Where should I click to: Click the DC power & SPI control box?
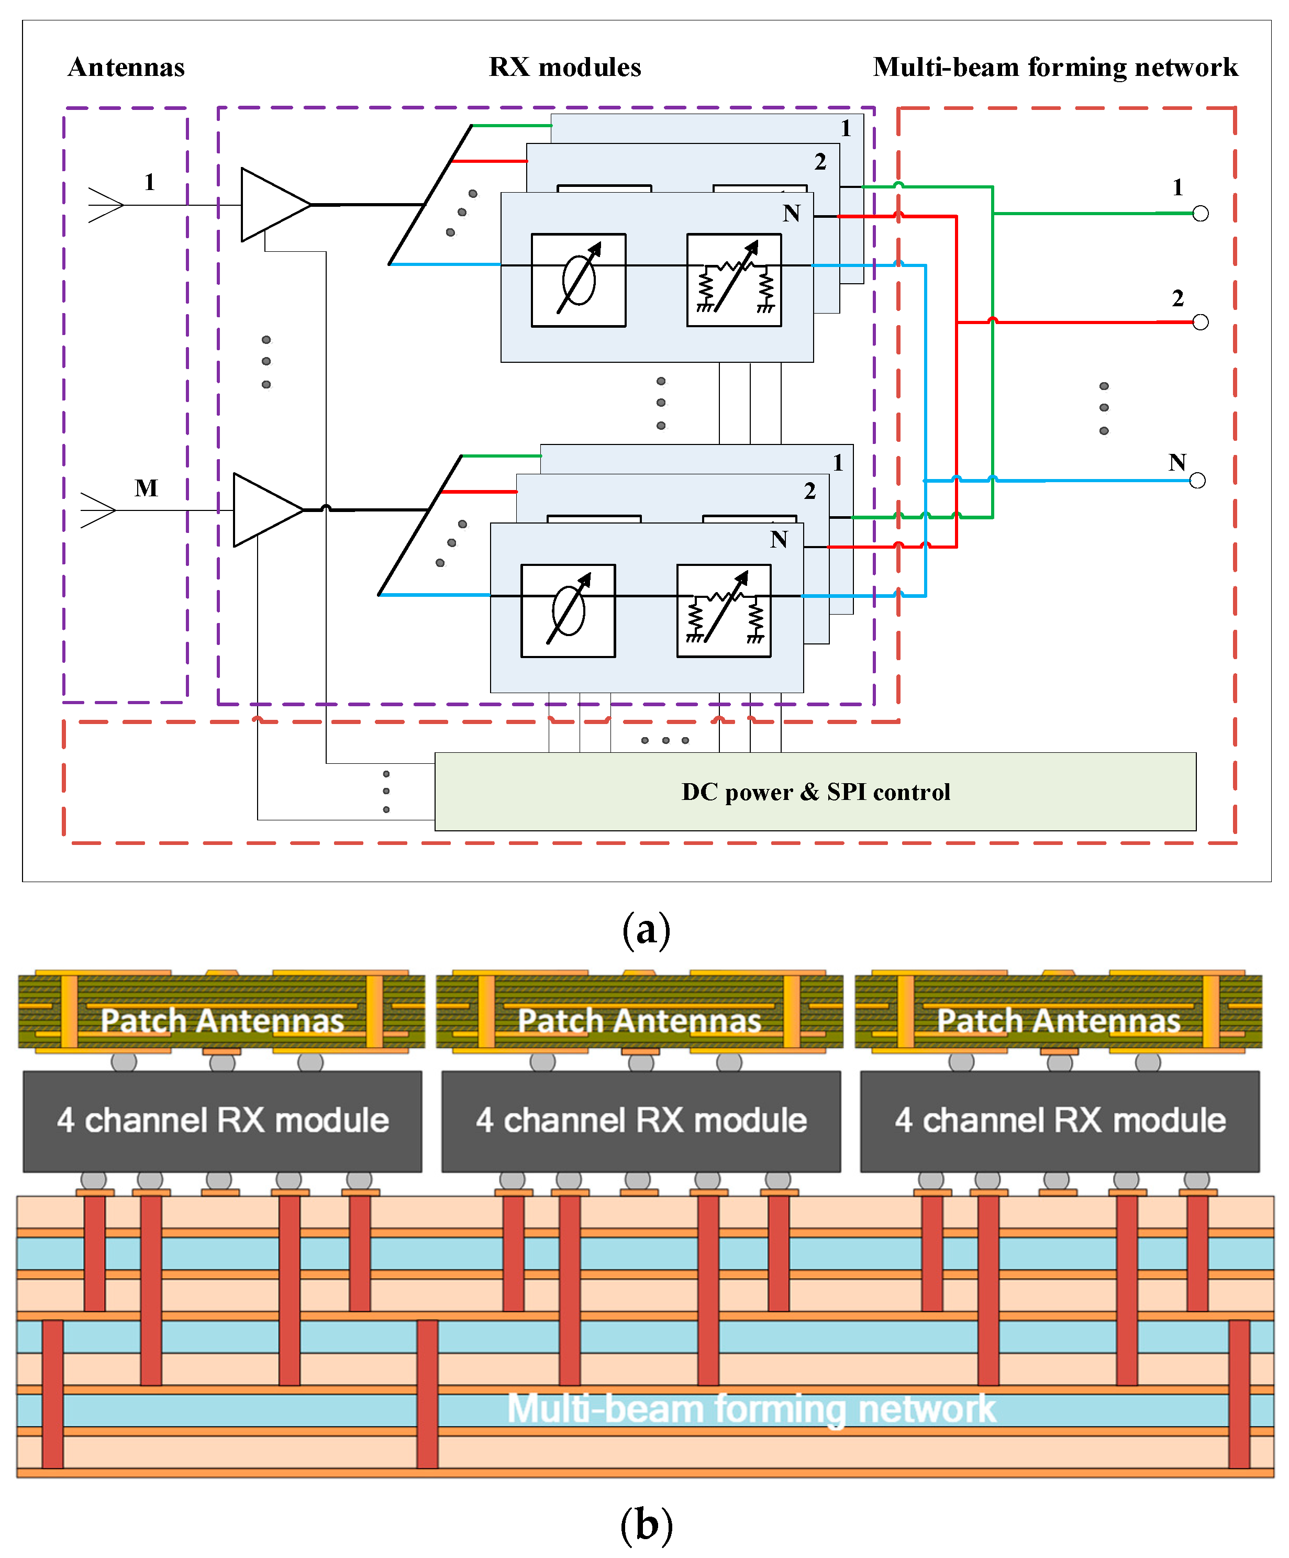tap(815, 792)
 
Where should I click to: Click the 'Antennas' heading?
tap(126, 68)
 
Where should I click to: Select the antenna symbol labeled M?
tap(98, 510)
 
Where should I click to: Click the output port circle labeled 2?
tap(1200, 322)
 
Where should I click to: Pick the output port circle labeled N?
tap(1197, 481)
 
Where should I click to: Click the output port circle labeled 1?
tap(1200, 214)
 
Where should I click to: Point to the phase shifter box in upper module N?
tap(578, 280)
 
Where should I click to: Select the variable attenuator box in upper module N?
tap(733, 280)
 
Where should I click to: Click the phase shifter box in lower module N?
tap(568, 610)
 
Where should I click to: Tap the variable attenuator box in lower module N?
tap(724, 610)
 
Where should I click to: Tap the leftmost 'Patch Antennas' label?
tap(222, 1020)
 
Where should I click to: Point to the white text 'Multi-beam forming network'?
tap(751, 1408)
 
